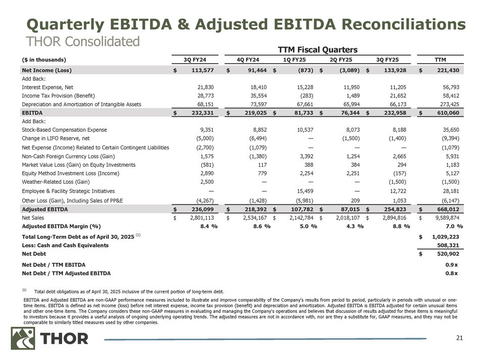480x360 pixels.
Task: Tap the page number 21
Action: coord(459,338)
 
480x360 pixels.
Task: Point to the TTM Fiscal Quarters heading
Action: coord(318,49)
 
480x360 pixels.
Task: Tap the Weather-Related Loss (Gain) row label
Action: coord(56,182)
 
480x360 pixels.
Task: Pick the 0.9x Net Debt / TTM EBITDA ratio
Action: coord(452,265)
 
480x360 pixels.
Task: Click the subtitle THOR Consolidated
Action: coord(78,40)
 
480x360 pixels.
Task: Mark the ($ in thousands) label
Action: coord(43,59)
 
